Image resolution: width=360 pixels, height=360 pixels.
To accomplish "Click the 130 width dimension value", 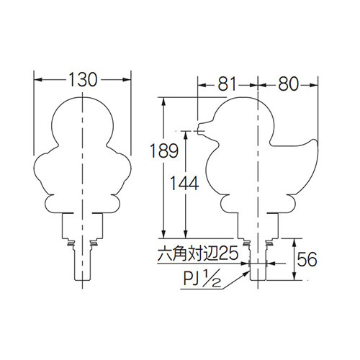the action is click(x=83, y=80).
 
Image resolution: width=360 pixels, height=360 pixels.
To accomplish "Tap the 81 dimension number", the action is click(x=228, y=84).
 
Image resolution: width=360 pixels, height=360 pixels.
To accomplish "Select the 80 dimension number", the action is click(x=288, y=84).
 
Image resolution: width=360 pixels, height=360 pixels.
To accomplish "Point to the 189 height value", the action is click(x=164, y=150).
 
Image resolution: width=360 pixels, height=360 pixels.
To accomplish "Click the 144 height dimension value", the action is click(x=184, y=184).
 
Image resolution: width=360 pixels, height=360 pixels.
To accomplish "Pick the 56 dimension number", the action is click(x=307, y=259).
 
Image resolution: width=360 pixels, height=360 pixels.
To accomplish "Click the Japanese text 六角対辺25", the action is click(x=198, y=253).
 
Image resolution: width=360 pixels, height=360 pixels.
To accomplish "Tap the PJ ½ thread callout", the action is click(x=202, y=279).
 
